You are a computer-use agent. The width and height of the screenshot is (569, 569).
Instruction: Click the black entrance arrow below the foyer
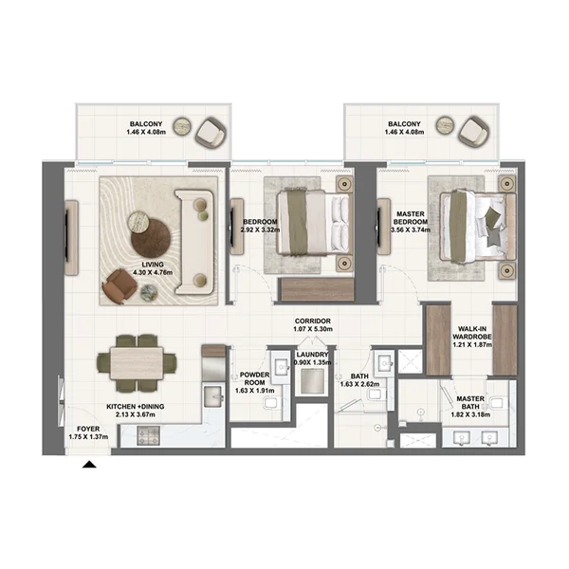point(90,465)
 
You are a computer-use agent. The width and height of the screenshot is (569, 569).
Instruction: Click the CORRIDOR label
point(312,321)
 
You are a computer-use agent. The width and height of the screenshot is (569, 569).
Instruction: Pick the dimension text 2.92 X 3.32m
point(258,229)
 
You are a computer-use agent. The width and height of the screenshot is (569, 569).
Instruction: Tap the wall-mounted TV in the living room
point(70,229)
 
